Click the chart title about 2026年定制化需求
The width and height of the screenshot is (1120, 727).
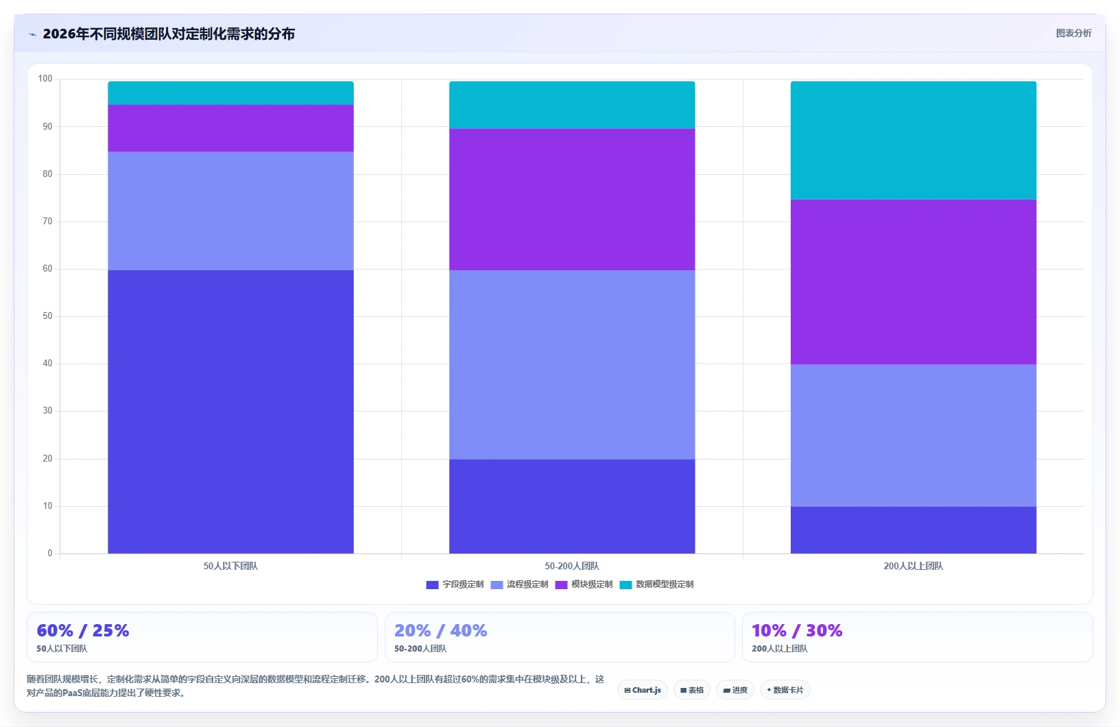pyautogui.click(x=169, y=34)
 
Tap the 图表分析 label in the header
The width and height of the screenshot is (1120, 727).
pyautogui.click(x=1073, y=33)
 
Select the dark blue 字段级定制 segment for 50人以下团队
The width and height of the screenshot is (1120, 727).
pyautogui.click(x=230, y=412)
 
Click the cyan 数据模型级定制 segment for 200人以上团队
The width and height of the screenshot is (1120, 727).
pyautogui.click(x=913, y=140)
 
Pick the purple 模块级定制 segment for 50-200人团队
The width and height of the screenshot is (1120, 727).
pyautogui.click(x=572, y=199)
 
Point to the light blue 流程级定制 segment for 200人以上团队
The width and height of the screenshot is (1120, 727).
pyautogui.click(x=913, y=435)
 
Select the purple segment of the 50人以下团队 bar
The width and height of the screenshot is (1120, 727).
pyautogui.click(x=230, y=128)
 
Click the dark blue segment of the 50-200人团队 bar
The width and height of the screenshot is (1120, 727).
pyautogui.click(x=572, y=506)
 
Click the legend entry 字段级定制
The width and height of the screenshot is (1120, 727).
pyautogui.click(x=455, y=584)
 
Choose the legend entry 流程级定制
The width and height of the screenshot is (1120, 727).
pyautogui.click(x=519, y=584)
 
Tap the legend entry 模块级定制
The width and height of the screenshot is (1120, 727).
pyautogui.click(x=584, y=584)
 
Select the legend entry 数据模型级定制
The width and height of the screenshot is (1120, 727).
pyautogui.click(x=656, y=584)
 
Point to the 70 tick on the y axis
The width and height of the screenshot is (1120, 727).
pyautogui.click(x=47, y=221)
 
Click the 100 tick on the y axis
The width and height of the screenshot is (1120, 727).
pyautogui.click(x=45, y=78)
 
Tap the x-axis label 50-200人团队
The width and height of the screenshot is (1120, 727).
pyautogui.click(x=572, y=566)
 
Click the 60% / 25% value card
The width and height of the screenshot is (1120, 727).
pyautogui.click(x=202, y=637)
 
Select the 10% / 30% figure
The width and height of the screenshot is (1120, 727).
pyautogui.click(x=797, y=630)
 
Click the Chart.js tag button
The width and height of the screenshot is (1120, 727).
pyautogui.click(x=643, y=690)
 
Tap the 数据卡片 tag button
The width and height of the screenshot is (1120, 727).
pyautogui.click(x=785, y=690)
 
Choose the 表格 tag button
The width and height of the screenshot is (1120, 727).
pyautogui.click(x=692, y=690)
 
